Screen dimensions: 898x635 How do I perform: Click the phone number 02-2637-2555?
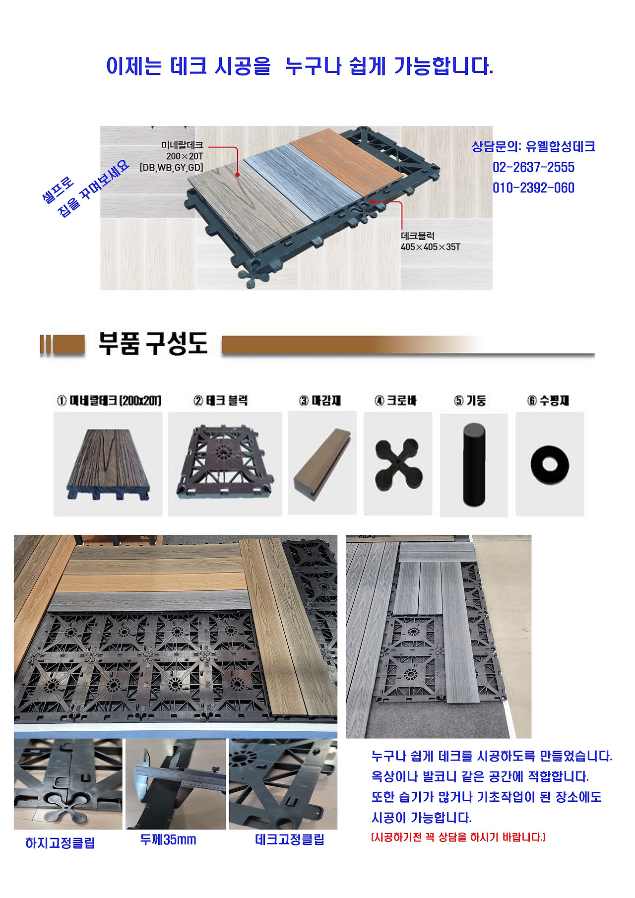tap(533, 167)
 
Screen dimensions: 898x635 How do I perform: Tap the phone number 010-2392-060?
tap(533, 188)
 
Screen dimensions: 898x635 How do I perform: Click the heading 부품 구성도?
tap(153, 343)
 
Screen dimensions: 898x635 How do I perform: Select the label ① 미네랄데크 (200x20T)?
tap(109, 400)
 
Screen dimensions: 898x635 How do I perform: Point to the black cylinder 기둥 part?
tap(474, 464)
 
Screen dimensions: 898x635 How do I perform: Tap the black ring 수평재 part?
tap(550, 464)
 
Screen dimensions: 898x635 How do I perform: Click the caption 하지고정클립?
tap(60, 843)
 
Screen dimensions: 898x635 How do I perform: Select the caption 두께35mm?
tap(168, 840)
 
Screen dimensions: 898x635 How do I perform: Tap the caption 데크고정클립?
tap(290, 839)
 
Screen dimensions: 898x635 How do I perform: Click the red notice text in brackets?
tap(458, 837)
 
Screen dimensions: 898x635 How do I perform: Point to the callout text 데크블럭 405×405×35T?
tap(430, 242)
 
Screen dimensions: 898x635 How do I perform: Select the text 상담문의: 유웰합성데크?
tap(533, 146)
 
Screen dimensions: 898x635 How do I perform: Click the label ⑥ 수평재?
tap(548, 400)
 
